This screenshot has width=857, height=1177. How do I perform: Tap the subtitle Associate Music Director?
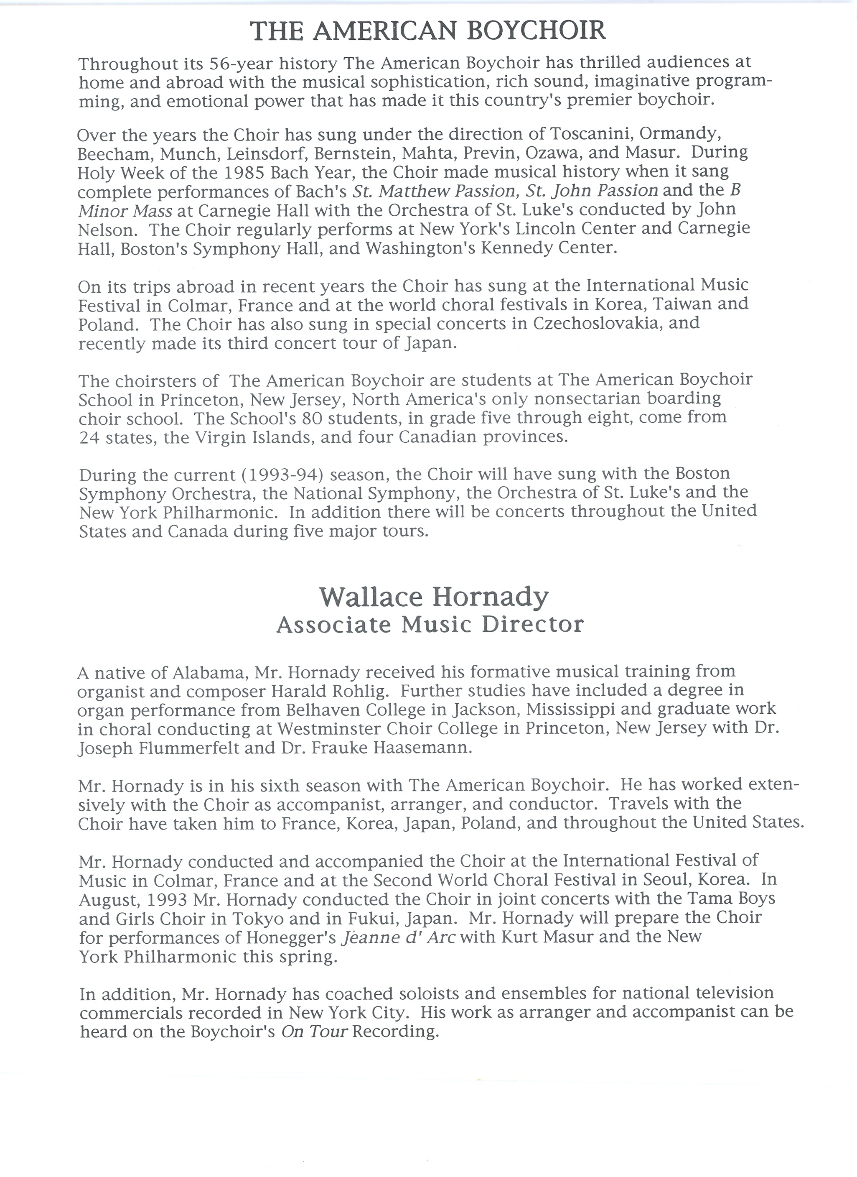click(430, 624)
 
